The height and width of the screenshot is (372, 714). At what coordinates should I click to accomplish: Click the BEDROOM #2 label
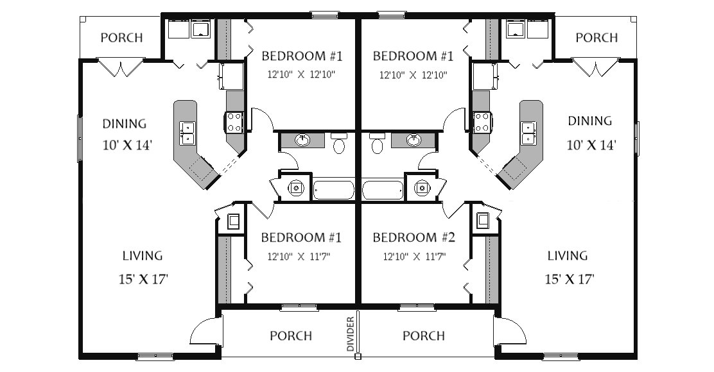pyautogui.click(x=414, y=237)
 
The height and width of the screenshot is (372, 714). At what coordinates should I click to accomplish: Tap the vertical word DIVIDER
pyautogui.click(x=350, y=334)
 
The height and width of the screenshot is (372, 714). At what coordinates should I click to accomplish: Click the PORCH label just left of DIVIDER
pyautogui.click(x=291, y=335)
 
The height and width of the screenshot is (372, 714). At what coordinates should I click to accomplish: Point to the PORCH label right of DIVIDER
pyautogui.click(x=424, y=335)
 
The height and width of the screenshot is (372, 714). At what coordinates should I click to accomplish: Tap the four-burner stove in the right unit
pyautogui.click(x=481, y=123)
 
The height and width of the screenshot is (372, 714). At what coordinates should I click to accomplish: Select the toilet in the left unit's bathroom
pyautogui.click(x=338, y=142)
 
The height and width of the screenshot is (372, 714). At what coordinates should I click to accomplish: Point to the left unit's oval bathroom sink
pyautogui.click(x=302, y=140)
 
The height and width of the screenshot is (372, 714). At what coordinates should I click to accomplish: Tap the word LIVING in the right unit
pyautogui.click(x=567, y=255)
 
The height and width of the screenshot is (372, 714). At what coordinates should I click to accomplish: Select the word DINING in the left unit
pyautogui.click(x=125, y=124)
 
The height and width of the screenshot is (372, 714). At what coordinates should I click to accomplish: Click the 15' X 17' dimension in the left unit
pyautogui.click(x=143, y=279)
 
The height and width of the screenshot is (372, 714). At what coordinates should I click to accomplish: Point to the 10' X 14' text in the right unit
pyautogui.click(x=591, y=145)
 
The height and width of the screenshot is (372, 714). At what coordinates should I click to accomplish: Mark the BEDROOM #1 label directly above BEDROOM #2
pyautogui.click(x=413, y=56)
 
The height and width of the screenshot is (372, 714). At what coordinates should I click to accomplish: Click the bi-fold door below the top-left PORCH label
pyautogui.click(x=121, y=67)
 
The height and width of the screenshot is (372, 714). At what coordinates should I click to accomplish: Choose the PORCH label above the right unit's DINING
pyautogui.click(x=596, y=37)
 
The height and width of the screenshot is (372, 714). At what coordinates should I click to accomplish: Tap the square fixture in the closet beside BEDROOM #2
pyautogui.click(x=482, y=221)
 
